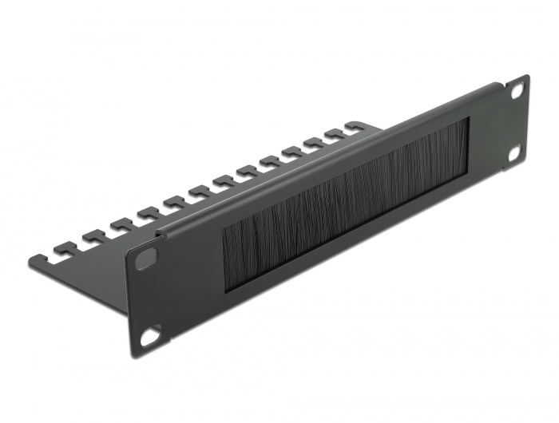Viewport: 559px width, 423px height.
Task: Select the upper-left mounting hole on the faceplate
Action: pos(147,259)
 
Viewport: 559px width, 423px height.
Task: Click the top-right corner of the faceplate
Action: pos(526,77)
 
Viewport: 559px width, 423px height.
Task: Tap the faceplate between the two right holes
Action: pos(516,121)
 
